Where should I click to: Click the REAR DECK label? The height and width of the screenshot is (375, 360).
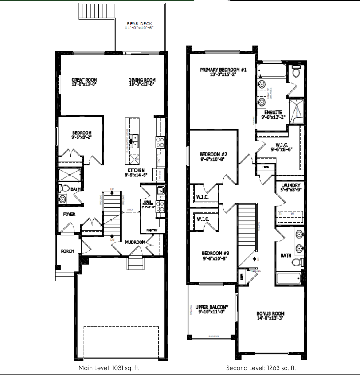(139, 23)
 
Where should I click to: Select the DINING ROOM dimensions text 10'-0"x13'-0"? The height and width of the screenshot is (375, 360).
(141, 84)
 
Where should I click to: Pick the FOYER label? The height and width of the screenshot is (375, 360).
(69, 214)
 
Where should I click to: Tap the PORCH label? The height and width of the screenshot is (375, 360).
(67, 251)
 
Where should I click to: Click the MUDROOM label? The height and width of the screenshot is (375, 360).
(135, 242)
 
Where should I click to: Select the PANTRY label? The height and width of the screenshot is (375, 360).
(152, 230)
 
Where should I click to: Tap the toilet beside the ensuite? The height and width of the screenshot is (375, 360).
(296, 73)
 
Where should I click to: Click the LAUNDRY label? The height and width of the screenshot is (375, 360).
(290, 185)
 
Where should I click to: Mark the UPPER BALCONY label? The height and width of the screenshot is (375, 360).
(211, 307)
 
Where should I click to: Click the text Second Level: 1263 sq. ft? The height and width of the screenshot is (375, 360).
(261, 368)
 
